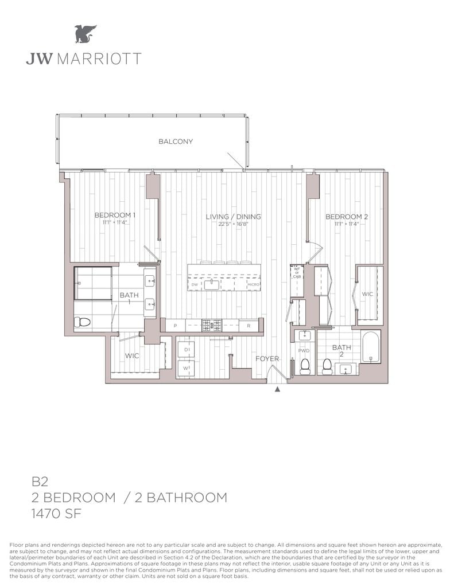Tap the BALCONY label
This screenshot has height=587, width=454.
pos(176,142)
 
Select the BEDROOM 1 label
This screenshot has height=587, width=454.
pos(115,216)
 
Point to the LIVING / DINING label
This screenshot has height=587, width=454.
pos(234,217)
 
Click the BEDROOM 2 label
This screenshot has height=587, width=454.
pos(346,217)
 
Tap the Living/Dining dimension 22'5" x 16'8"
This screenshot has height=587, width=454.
pos(234,224)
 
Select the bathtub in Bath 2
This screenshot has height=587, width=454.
pos(371,347)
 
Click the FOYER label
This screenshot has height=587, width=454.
pos(267,359)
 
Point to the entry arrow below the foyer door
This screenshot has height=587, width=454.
pos(278,390)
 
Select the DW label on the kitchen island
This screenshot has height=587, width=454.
pos(195,284)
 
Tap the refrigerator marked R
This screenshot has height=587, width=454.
pos(248,326)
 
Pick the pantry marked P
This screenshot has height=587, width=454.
pos(175,326)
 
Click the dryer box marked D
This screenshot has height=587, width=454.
pos(186,349)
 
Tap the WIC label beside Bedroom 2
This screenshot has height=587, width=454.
pos(367,294)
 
